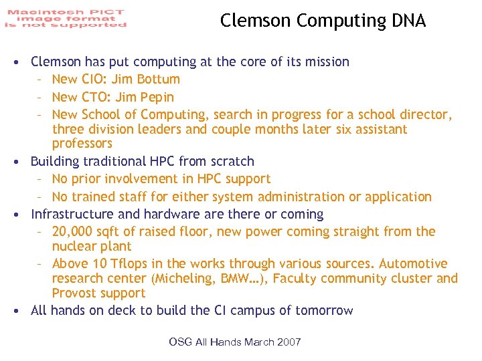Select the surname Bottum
[x=158, y=80]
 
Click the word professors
[x=82, y=144]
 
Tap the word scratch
[x=232, y=161]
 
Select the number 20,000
[x=74, y=232]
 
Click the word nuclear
[x=75, y=247]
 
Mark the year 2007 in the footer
[x=289, y=342]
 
